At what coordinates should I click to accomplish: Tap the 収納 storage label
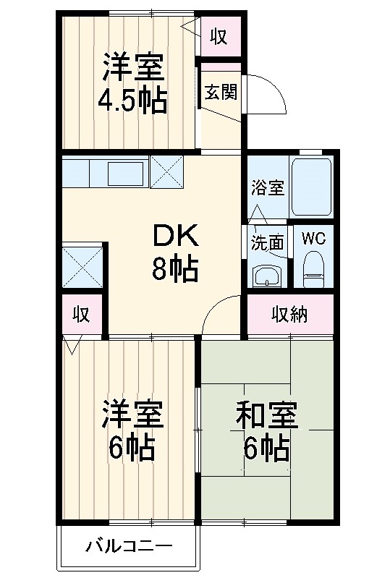click(x=290, y=314)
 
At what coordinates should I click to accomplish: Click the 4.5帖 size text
click(x=132, y=101)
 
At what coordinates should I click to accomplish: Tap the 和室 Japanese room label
click(x=266, y=417)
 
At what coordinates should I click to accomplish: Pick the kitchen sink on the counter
click(x=126, y=174)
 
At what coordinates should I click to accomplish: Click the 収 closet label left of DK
click(x=80, y=314)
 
